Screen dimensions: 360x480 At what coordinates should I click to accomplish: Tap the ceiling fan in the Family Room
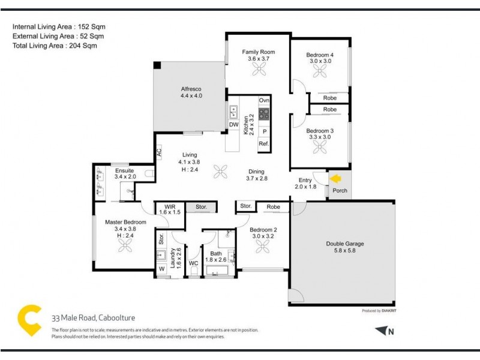(x=259, y=70)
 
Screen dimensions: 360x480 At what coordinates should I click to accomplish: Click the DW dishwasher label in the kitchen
(x=234, y=125)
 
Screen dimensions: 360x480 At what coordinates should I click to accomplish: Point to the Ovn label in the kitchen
(x=264, y=100)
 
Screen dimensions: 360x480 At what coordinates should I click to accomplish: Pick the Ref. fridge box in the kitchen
(x=264, y=144)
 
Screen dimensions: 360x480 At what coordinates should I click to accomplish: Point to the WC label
(x=193, y=263)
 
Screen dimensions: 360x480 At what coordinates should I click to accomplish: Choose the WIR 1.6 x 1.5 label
(x=170, y=209)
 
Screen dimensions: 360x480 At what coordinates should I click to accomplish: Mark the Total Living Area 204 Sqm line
(x=55, y=45)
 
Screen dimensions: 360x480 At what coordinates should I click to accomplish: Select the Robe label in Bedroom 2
(x=273, y=207)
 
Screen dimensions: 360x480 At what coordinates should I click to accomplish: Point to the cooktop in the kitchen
(x=264, y=114)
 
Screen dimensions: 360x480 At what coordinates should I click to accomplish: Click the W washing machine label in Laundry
(x=161, y=269)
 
